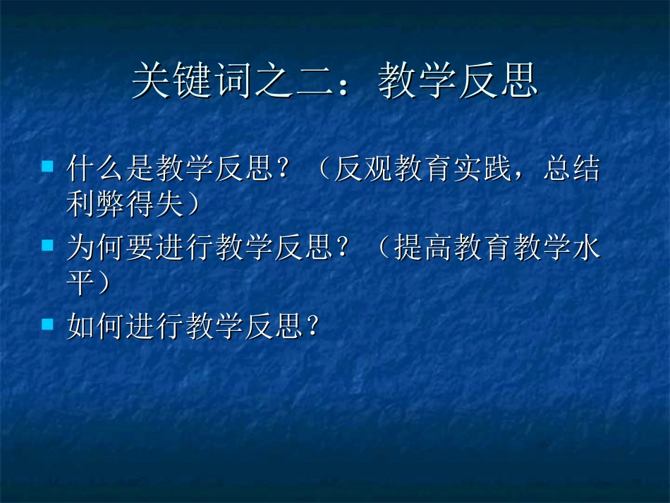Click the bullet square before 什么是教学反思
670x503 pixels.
47,167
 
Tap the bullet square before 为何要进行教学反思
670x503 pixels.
47,246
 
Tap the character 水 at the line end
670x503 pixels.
587,248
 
